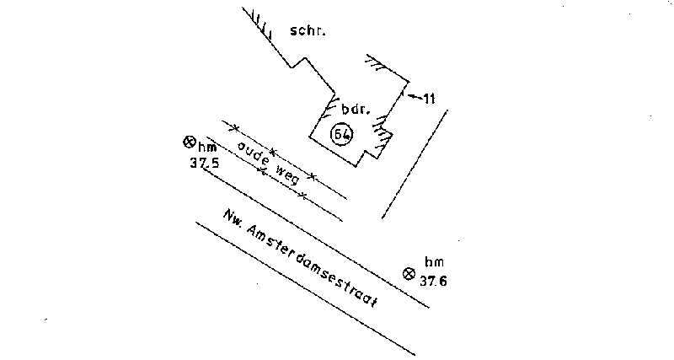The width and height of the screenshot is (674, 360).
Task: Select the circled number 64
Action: point(341,134)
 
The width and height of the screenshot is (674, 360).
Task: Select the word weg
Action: point(285,173)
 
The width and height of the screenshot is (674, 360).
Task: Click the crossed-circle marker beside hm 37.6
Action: point(409,273)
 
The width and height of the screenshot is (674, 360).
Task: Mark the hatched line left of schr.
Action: point(265,34)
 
